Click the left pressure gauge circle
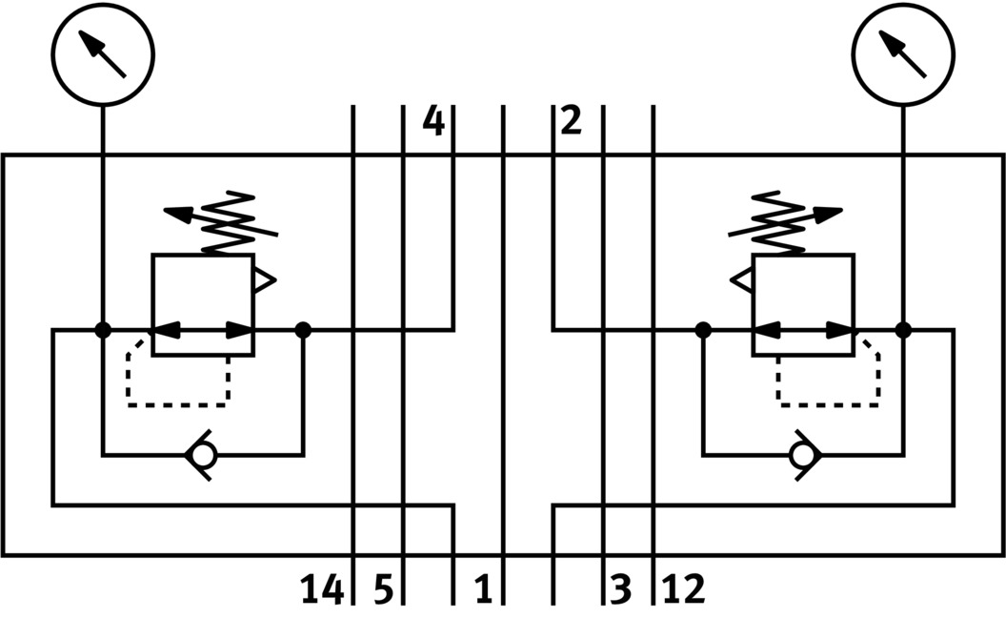click(x=103, y=54)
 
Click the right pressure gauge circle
click(x=903, y=54)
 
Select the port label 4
click(x=433, y=123)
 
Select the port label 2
click(x=571, y=123)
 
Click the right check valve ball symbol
click(x=803, y=456)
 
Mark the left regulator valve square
click(x=203, y=305)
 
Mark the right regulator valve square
click(x=802, y=305)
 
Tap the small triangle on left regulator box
click(x=263, y=280)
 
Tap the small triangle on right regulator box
click(x=742, y=280)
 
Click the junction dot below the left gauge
click(x=103, y=330)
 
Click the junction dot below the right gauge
click(x=903, y=330)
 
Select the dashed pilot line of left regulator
click(x=177, y=403)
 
